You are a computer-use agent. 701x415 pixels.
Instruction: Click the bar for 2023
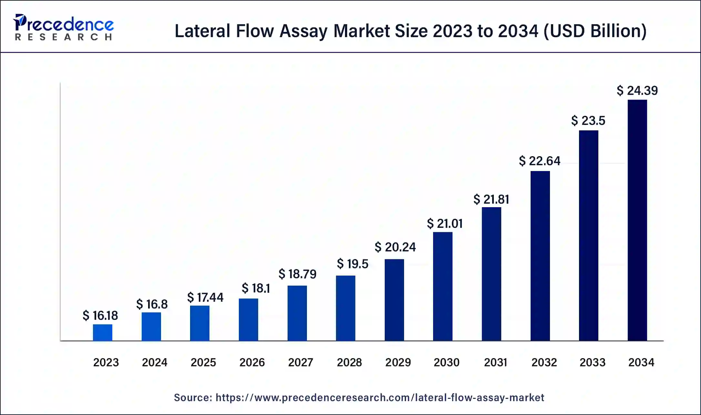point(103,332)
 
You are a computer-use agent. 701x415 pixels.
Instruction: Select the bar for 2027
point(297,313)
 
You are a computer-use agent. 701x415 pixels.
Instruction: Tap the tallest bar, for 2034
point(637,220)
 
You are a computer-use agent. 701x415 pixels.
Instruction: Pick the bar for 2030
point(442,286)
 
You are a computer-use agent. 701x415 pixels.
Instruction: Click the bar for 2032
point(540,256)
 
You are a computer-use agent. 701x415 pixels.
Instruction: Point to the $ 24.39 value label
point(637,91)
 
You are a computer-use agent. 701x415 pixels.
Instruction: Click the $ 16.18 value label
point(100,316)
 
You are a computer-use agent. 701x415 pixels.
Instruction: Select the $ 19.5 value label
point(352,264)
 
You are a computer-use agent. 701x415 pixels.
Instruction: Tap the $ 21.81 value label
point(491,199)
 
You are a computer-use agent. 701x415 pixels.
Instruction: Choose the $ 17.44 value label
point(205,298)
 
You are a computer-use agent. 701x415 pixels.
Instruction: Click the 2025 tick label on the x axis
point(203,362)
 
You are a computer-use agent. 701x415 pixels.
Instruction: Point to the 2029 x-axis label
point(398,362)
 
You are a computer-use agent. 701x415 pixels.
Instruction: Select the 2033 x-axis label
point(592,362)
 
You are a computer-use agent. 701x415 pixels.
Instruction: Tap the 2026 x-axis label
point(252,362)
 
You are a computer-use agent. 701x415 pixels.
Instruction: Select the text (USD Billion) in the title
point(595,31)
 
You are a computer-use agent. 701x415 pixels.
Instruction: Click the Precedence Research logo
point(64,27)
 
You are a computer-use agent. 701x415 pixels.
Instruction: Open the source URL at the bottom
point(380,398)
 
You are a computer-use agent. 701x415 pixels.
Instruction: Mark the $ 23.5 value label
point(588,121)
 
